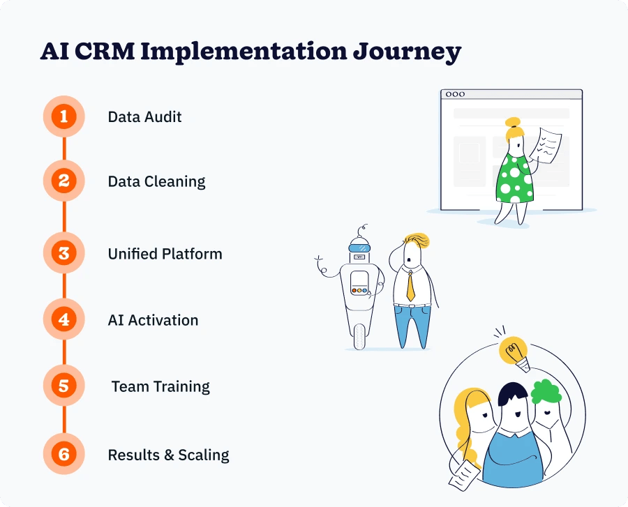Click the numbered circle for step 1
click(x=63, y=116)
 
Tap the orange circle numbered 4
click(x=63, y=320)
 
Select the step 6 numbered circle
click(x=63, y=455)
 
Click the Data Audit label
click(x=144, y=116)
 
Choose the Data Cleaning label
click(x=156, y=182)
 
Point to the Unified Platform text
click(x=165, y=254)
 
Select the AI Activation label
click(x=153, y=320)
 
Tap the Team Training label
click(x=160, y=386)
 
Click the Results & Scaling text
click(x=168, y=455)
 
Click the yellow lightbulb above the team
click(x=514, y=349)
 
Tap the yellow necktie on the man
click(x=410, y=283)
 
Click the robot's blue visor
click(x=359, y=245)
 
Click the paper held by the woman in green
click(x=547, y=144)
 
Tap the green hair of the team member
click(x=546, y=391)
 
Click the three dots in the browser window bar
click(x=455, y=94)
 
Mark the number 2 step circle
click(x=63, y=182)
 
